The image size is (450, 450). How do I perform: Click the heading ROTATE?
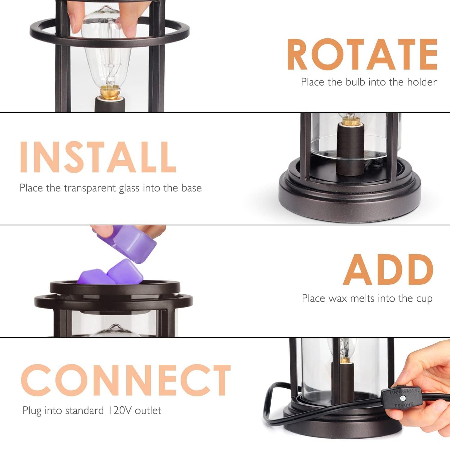(x=362, y=55)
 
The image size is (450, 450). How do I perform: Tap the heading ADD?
(x=388, y=269)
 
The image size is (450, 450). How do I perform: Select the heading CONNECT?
(x=126, y=380)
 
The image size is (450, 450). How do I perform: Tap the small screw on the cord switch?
(x=404, y=398)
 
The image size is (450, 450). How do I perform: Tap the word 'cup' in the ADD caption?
(x=424, y=299)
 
